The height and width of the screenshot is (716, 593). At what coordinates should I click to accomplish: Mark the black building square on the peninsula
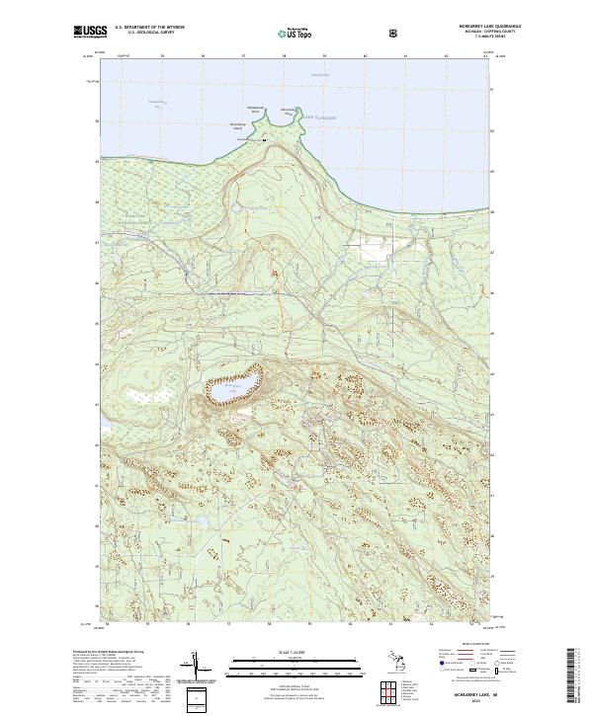(263, 139)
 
